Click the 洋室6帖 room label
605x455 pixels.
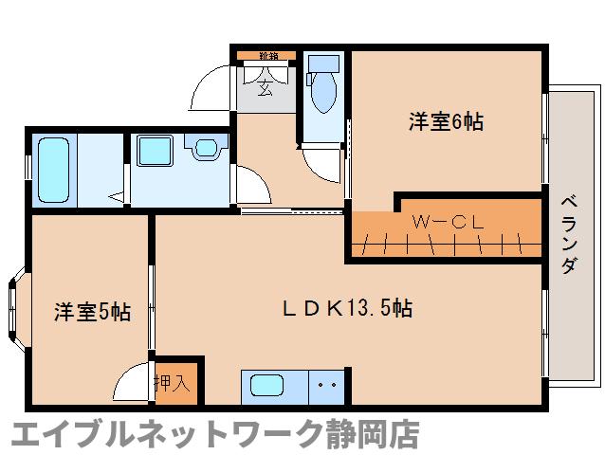(x=447, y=122)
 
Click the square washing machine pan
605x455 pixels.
(x=155, y=153)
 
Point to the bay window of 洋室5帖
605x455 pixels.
(x=14, y=309)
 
